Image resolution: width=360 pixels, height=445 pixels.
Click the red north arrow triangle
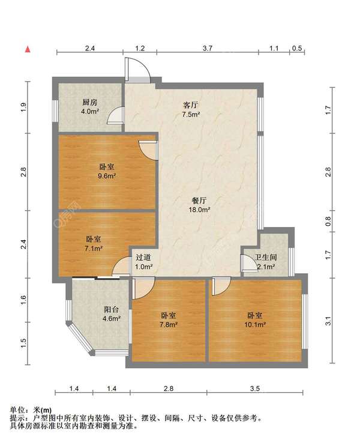[28, 49]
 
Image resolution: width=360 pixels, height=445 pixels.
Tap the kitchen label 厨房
[90, 102]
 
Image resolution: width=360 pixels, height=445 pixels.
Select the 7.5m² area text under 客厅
[191, 115]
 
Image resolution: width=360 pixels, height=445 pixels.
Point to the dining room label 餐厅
[199, 201]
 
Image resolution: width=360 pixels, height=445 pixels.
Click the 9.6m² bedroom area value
[107, 176]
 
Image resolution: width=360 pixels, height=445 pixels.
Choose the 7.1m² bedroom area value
[94, 249]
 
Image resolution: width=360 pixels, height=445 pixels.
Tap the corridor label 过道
[143, 258]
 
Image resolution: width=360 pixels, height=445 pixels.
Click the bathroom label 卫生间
[266, 258]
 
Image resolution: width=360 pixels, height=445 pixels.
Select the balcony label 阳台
[111, 309]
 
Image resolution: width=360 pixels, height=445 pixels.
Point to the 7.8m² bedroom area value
[169, 325]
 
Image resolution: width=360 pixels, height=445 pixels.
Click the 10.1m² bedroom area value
[255, 325]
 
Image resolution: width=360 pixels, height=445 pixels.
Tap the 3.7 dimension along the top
[207, 48]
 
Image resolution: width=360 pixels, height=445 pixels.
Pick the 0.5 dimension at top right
[297, 48]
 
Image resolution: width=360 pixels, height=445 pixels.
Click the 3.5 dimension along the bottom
[255, 389]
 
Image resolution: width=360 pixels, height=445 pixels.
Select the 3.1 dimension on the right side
[328, 321]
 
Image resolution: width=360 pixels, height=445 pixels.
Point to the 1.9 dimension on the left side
[23, 107]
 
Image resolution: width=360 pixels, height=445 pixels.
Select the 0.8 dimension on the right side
[328, 221]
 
